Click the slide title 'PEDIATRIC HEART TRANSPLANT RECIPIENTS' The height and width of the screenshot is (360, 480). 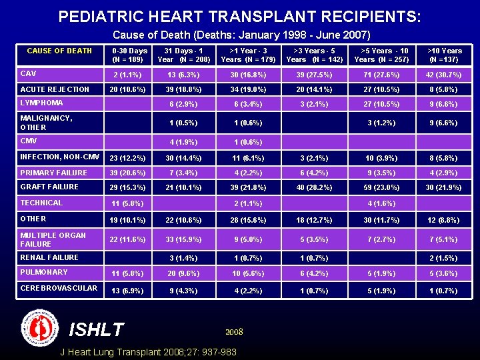pyautogui.click(x=239, y=16)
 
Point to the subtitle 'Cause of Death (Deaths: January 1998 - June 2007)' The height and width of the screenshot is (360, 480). pyautogui.click(x=241, y=35)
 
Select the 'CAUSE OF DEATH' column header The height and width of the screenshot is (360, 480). pyautogui.click(x=59, y=51)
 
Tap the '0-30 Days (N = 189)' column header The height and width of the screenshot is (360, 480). pyautogui.click(x=129, y=55)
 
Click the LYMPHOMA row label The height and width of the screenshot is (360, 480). pyautogui.click(x=42, y=103)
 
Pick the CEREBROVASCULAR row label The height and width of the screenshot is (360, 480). pyautogui.click(x=59, y=288)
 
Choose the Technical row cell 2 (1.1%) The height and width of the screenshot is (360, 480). pyautogui.click(x=243, y=204)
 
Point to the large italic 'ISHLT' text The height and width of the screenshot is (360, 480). pyautogui.click(x=96, y=329)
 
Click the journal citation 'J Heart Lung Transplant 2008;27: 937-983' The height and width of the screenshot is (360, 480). pyautogui.click(x=148, y=351)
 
